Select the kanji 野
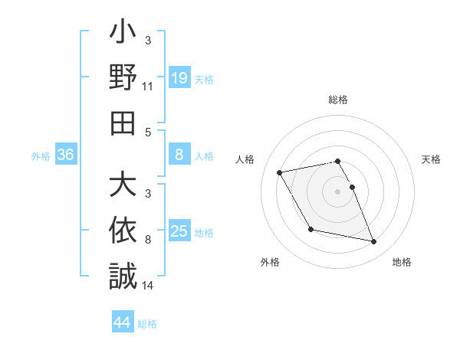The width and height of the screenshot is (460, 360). pyautogui.click(x=123, y=79)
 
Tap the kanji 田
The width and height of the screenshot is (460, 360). pyautogui.click(x=123, y=123)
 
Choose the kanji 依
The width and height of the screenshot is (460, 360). pyautogui.click(x=123, y=231)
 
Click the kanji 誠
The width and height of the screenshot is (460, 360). pyautogui.click(x=123, y=275)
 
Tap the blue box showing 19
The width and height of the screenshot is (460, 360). pyautogui.click(x=179, y=78)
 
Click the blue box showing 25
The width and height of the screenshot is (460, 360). pyautogui.click(x=179, y=231)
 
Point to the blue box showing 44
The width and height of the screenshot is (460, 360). pyautogui.click(x=122, y=322)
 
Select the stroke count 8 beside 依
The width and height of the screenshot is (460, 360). pyautogui.click(x=147, y=240)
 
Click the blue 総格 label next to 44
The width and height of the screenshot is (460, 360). pyautogui.click(x=147, y=324)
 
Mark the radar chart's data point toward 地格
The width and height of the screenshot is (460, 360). pyautogui.click(x=374, y=242)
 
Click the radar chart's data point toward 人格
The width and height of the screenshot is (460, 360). pyautogui.click(x=279, y=172)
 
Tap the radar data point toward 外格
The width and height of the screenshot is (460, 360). pyautogui.click(x=310, y=229)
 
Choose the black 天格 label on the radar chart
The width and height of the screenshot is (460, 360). pyautogui.click(x=431, y=159)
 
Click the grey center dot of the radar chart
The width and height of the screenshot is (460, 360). pyautogui.click(x=337, y=191)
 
